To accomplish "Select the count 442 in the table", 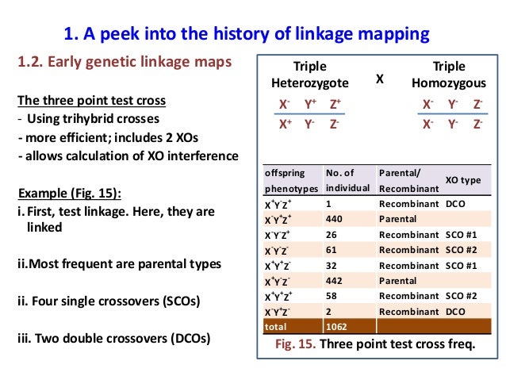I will (x=335, y=280).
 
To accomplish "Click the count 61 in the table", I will (x=332, y=250).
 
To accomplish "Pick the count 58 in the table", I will (x=332, y=295).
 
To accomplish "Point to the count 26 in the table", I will (x=332, y=234).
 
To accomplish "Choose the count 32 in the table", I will (x=332, y=265).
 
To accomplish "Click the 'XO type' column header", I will (x=463, y=180).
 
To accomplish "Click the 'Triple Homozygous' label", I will (x=449, y=75).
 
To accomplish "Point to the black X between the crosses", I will (x=379, y=79).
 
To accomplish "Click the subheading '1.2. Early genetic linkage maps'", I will (x=125, y=63).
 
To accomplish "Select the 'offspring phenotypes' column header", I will (x=289, y=180).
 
